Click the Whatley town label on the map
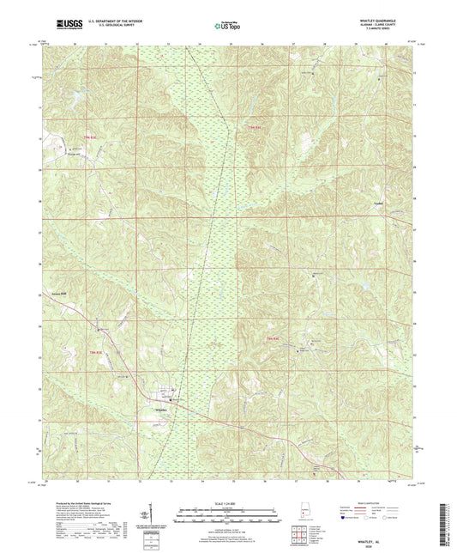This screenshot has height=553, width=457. pos(166,409)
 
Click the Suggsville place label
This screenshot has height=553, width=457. pos(75,155)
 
